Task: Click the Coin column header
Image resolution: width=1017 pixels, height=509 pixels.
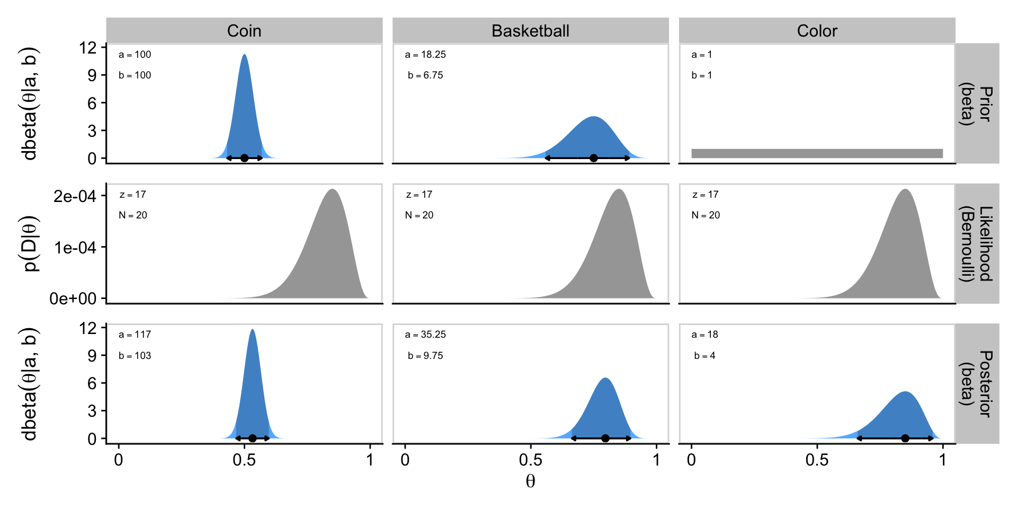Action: (244, 31)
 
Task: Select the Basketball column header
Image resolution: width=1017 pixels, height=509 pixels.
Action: (530, 31)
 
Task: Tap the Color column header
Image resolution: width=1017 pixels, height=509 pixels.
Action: (817, 31)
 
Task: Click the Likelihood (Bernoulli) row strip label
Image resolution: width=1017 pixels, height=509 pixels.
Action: (977, 243)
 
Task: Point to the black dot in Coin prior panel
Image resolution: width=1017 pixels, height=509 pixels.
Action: (244, 158)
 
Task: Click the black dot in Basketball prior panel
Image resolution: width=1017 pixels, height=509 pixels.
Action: (594, 158)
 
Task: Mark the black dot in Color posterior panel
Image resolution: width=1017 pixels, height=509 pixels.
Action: (905, 438)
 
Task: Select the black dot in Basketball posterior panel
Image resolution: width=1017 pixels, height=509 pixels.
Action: (605, 438)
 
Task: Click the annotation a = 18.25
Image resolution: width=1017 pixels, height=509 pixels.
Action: (425, 55)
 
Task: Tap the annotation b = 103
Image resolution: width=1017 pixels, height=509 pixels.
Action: (135, 356)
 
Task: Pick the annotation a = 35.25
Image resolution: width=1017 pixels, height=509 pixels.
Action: (425, 335)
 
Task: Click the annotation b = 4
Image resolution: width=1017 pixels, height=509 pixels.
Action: (704, 356)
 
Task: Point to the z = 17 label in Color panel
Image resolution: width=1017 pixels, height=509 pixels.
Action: (705, 195)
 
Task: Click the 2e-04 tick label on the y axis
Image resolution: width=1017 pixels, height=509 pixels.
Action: (75, 196)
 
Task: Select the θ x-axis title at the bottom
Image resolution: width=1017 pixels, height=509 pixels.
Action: (530, 481)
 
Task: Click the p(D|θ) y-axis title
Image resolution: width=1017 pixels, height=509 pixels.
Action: (31, 243)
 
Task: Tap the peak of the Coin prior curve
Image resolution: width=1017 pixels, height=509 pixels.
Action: (244, 55)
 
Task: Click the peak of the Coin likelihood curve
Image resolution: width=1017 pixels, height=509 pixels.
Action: (332, 190)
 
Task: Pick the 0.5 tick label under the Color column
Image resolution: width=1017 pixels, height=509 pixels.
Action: (817, 460)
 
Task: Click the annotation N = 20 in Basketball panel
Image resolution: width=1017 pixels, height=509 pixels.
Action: (419, 215)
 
